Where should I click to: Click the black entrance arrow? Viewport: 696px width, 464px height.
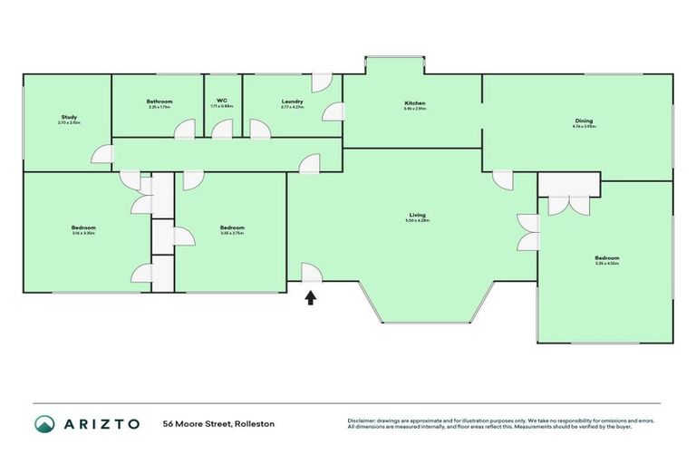[310, 296]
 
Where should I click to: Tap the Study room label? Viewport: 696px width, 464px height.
[69, 117]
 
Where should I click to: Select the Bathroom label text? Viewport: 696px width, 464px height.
[159, 101]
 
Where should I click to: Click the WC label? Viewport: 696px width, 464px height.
[221, 101]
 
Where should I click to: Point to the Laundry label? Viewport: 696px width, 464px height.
[292, 101]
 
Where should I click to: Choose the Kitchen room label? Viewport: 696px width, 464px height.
[414, 103]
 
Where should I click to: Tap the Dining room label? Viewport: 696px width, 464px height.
[584, 121]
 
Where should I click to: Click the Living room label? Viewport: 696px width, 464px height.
[418, 215]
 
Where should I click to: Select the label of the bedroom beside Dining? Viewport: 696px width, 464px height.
[607, 257]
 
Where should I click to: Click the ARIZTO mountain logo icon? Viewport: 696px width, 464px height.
[45, 423]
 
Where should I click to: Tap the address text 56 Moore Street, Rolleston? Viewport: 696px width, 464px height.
[218, 424]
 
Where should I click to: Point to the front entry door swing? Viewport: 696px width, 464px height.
[310, 272]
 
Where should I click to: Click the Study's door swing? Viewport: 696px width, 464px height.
[105, 155]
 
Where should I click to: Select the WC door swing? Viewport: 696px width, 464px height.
[222, 130]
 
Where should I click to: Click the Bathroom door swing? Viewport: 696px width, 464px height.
[185, 130]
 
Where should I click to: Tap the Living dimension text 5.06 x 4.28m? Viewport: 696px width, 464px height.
[418, 221]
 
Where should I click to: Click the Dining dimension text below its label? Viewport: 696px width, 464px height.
[584, 127]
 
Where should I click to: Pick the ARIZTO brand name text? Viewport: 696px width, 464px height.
[101, 424]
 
